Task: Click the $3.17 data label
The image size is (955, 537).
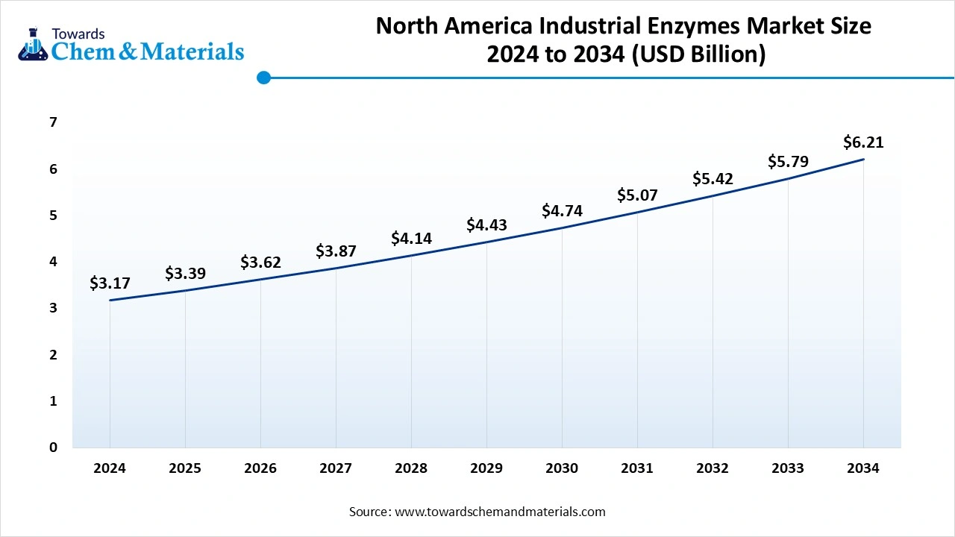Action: coord(110,283)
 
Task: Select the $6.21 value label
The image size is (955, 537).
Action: coord(863,142)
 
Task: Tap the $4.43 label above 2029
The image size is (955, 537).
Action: coord(486,224)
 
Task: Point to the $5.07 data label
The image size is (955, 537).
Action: coord(637,195)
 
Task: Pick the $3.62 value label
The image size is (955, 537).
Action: coord(260,263)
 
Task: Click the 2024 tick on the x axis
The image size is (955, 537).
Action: coord(110,468)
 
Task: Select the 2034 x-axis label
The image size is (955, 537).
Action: coord(863,468)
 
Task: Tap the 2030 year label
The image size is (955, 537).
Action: coord(562,468)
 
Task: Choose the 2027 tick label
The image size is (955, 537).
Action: coord(336,468)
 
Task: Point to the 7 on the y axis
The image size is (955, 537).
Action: coord(53,122)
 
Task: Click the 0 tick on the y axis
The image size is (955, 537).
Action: coord(53,447)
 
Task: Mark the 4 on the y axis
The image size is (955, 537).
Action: coord(53,262)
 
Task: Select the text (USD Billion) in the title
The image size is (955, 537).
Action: coord(698,55)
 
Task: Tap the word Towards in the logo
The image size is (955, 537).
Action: coord(78,34)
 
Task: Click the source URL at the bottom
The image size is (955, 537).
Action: coord(499,512)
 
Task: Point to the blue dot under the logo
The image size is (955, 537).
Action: coord(263,78)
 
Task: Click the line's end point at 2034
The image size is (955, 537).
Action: coord(863,160)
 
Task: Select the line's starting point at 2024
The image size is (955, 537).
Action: coord(110,301)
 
